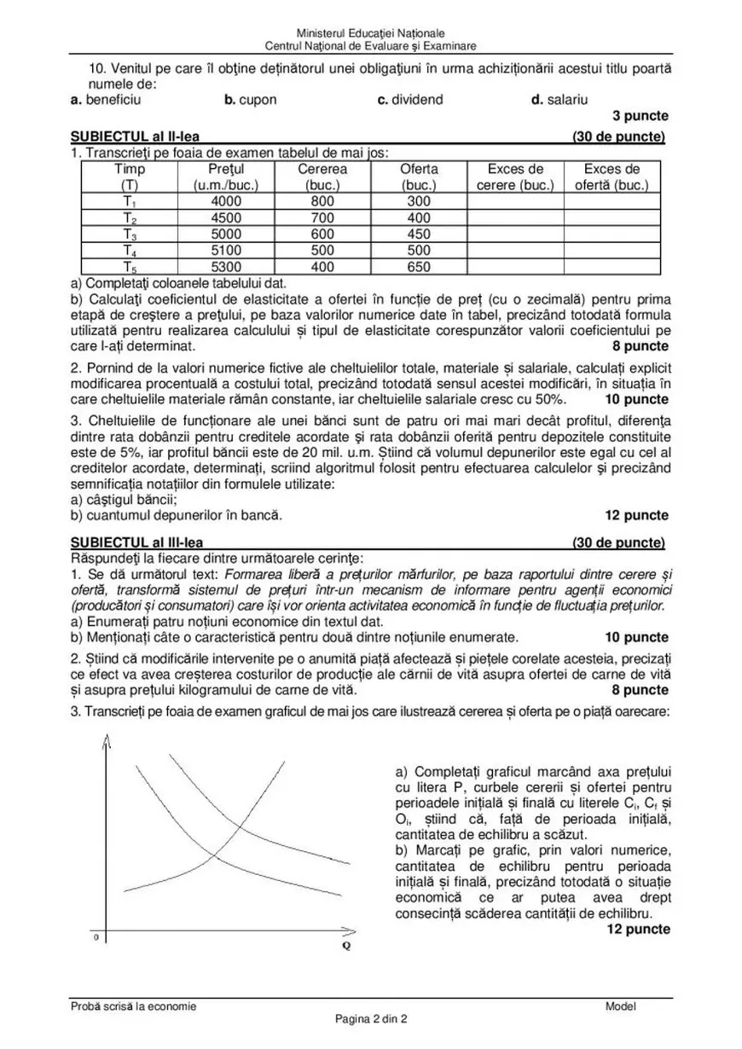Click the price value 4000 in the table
click(226, 201)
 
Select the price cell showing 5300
click(226, 266)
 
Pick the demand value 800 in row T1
click(322, 201)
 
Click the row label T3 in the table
click(130, 235)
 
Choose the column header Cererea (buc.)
click(322, 177)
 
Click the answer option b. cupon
click(251, 100)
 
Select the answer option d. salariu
click(559, 100)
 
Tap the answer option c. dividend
click(410, 100)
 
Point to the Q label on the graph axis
click(345, 946)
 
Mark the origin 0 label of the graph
click(96, 937)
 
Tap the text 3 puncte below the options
click(641, 116)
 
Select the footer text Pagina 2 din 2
click(371, 1018)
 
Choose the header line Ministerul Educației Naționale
click(371, 32)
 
